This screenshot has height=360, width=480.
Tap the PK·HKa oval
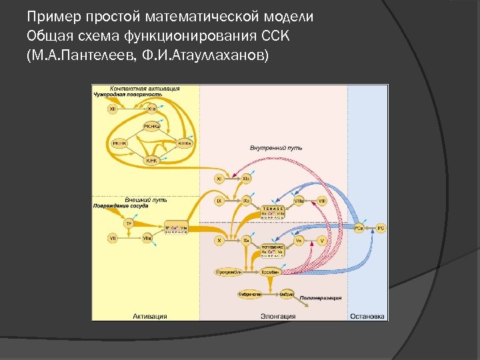coord(151,126)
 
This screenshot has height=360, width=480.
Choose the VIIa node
coord(147,237)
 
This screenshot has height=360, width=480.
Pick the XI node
coord(219,179)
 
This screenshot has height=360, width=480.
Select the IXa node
coord(246,199)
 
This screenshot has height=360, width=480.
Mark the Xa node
coord(246,240)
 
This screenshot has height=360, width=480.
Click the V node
coord(322,240)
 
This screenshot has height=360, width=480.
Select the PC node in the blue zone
coord(381,228)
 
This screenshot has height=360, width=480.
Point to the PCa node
coord(359,228)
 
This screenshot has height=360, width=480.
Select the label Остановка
coord(367,316)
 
